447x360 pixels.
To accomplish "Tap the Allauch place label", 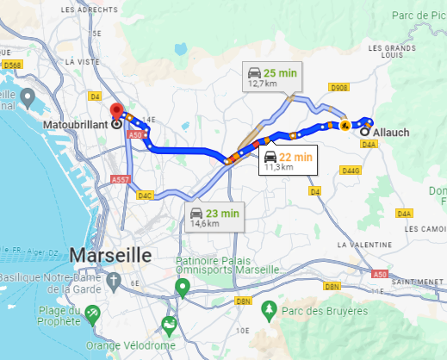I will tap(393, 132).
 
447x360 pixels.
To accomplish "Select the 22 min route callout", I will tap(288, 160).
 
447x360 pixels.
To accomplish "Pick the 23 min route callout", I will tap(214, 217).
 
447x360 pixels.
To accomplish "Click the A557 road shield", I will tap(120, 180).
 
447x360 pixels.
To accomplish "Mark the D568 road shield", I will tap(12, 65).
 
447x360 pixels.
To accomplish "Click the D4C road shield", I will tap(145, 196).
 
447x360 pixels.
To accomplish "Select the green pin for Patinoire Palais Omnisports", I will tap(182, 287).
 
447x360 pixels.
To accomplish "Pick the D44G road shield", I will tap(350, 171).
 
